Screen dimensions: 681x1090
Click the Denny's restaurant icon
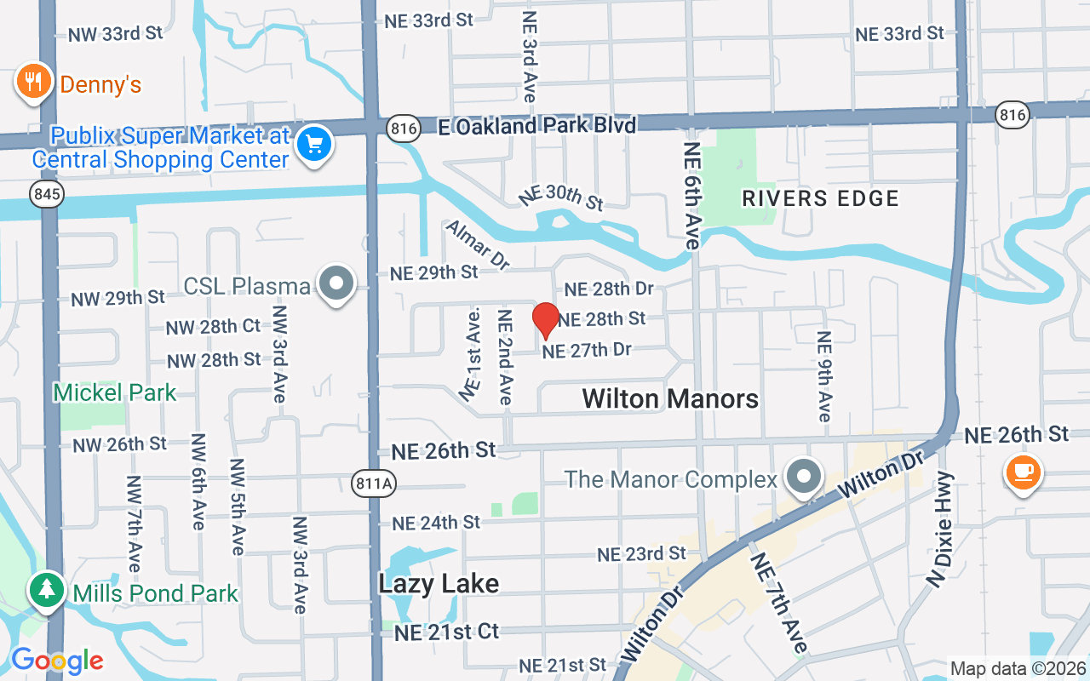pyautogui.click(x=32, y=83)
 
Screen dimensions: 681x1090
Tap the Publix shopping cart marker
pyautogui.click(x=314, y=145)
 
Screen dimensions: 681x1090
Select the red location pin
pyautogui.click(x=545, y=320)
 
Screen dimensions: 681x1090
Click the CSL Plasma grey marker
pyautogui.click(x=336, y=283)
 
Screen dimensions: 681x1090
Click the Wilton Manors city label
pyautogui.click(x=670, y=398)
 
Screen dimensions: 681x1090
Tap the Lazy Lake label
pyautogui.click(x=439, y=584)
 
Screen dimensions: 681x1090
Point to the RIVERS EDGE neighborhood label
pyautogui.click(x=820, y=198)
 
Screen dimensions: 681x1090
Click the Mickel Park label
pyautogui.click(x=114, y=392)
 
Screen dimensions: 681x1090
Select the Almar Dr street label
pyautogui.click(x=477, y=245)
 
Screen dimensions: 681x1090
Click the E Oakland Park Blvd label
pyautogui.click(x=536, y=126)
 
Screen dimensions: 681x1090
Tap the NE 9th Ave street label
pyautogui.click(x=823, y=376)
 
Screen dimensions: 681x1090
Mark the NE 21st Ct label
pyautogui.click(x=446, y=632)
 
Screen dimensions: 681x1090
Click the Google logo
pyautogui.click(x=57, y=660)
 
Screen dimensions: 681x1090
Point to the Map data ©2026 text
pyautogui.click(x=1018, y=668)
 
